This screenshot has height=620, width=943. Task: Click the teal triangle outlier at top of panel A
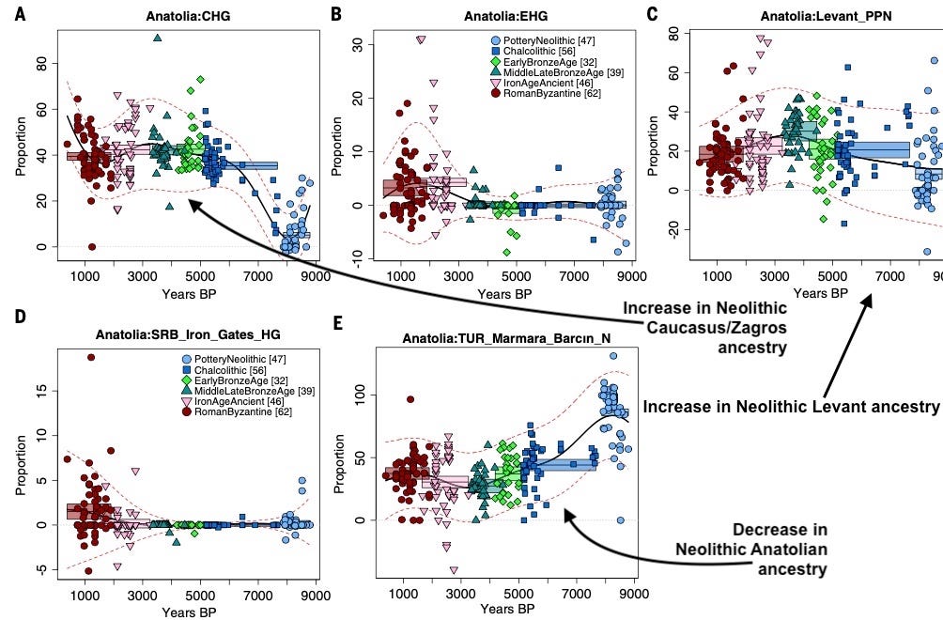[158, 38]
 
